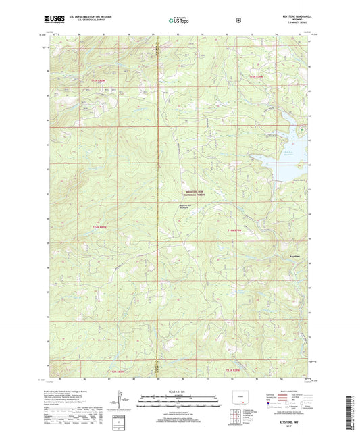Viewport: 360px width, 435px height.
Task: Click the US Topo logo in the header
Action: click(x=179, y=20)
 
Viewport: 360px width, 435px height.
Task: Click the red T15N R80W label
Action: click(x=99, y=81)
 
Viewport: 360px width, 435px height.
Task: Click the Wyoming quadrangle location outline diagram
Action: click(x=231, y=396)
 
